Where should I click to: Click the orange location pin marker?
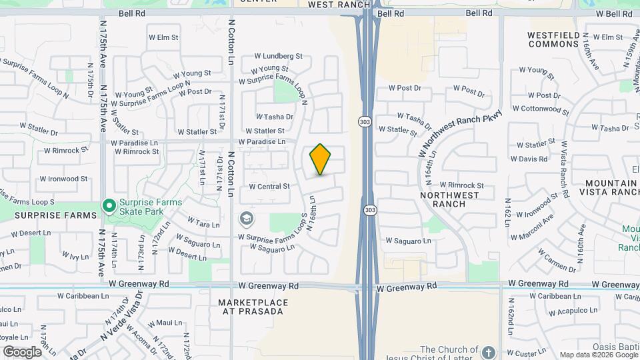tap(320, 159)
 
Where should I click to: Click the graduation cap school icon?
tap(246, 218)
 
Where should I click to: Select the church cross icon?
tap(488, 351)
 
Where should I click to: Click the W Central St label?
tap(269, 187)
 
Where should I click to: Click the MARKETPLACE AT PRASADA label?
tap(253, 307)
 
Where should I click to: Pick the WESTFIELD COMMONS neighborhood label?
tap(553, 39)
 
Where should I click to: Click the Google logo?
tap(22, 351)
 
